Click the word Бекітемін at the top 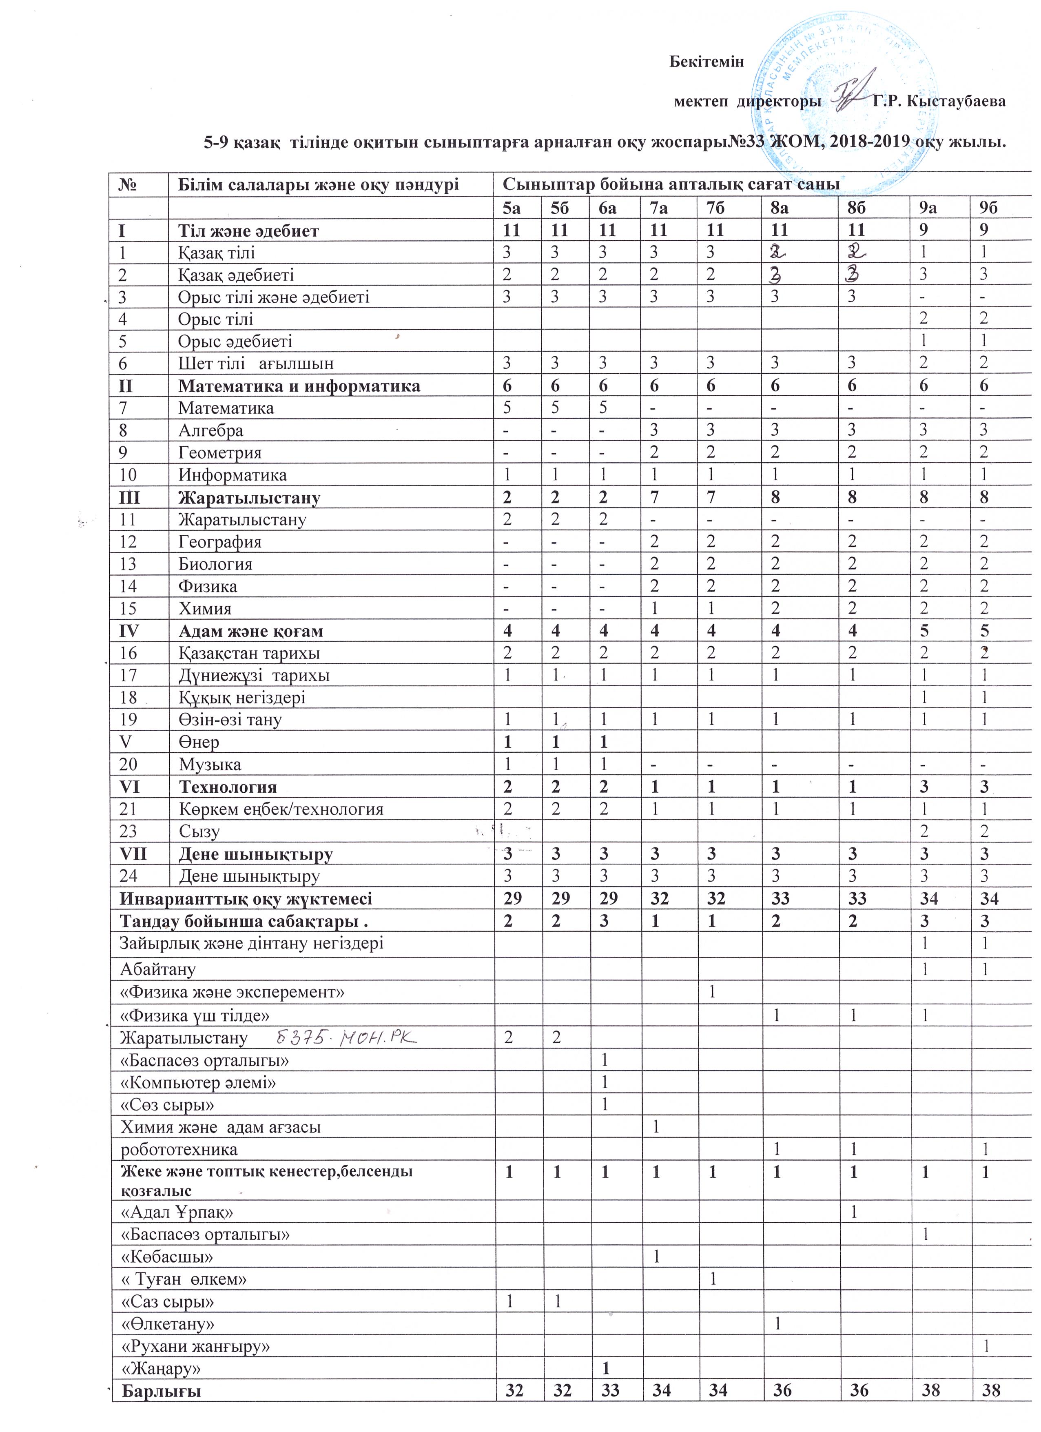pos(707,62)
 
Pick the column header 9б pos(989,208)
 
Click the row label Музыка pos(210,765)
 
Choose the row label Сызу pos(199,831)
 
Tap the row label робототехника pos(179,1149)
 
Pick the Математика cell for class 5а pos(507,408)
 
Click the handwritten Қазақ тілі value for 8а pos(775,251)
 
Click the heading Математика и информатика pos(299,386)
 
